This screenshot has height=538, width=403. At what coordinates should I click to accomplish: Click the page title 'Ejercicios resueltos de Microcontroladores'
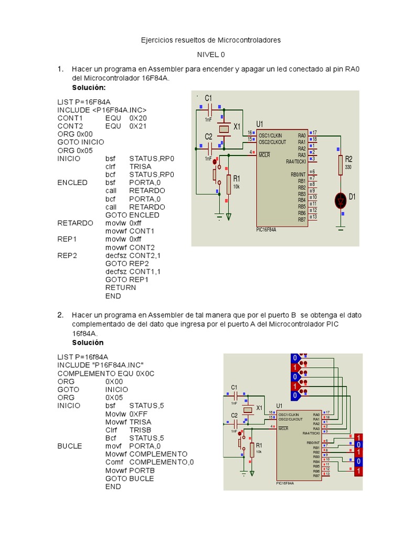click(x=211, y=40)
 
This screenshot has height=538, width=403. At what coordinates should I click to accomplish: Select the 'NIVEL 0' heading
click(x=211, y=55)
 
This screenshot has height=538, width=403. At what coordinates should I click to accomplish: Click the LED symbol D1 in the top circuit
click(x=341, y=200)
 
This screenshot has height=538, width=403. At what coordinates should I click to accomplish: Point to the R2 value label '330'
click(x=348, y=167)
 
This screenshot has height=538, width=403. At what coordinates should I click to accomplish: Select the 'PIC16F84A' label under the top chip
click(x=267, y=230)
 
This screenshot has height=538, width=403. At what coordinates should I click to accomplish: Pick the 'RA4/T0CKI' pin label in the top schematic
click(x=296, y=161)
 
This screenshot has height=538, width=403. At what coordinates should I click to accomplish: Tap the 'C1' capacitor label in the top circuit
click(x=208, y=98)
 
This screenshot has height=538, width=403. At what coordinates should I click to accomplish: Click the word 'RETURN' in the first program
click(x=121, y=288)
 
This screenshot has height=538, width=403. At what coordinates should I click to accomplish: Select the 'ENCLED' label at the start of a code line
click(x=72, y=183)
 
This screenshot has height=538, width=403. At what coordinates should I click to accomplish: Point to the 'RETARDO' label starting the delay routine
click(x=75, y=223)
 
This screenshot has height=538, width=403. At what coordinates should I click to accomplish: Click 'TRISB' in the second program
click(x=140, y=430)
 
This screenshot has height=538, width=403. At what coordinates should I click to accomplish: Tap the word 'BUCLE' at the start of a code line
click(x=70, y=446)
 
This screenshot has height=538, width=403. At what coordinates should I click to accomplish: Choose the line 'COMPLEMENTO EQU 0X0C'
click(x=106, y=374)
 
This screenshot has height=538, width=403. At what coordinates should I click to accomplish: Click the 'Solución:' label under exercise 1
click(x=89, y=87)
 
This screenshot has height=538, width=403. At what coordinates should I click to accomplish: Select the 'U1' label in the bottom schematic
click(x=279, y=406)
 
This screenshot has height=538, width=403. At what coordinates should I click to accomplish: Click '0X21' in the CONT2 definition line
click(x=138, y=126)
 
